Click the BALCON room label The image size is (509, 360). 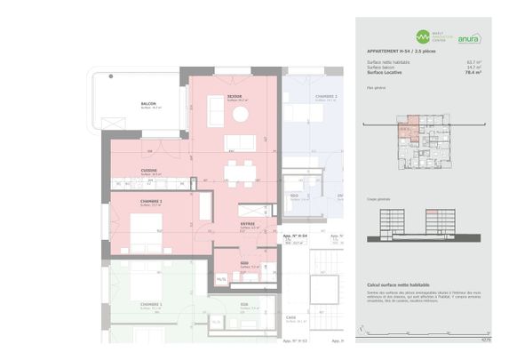(x=148, y=103)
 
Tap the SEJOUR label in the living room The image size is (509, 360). (x=235, y=96)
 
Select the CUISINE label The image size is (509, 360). (x=149, y=170)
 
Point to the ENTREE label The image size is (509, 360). (x=247, y=223)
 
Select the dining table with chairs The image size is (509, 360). (x=236, y=172)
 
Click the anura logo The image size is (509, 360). (x=469, y=38)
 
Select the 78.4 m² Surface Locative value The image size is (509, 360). (x=473, y=72)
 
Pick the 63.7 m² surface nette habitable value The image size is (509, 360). (x=473, y=61)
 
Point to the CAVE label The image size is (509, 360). (x=290, y=317)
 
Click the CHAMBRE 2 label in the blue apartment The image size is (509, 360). (x=326, y=96)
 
